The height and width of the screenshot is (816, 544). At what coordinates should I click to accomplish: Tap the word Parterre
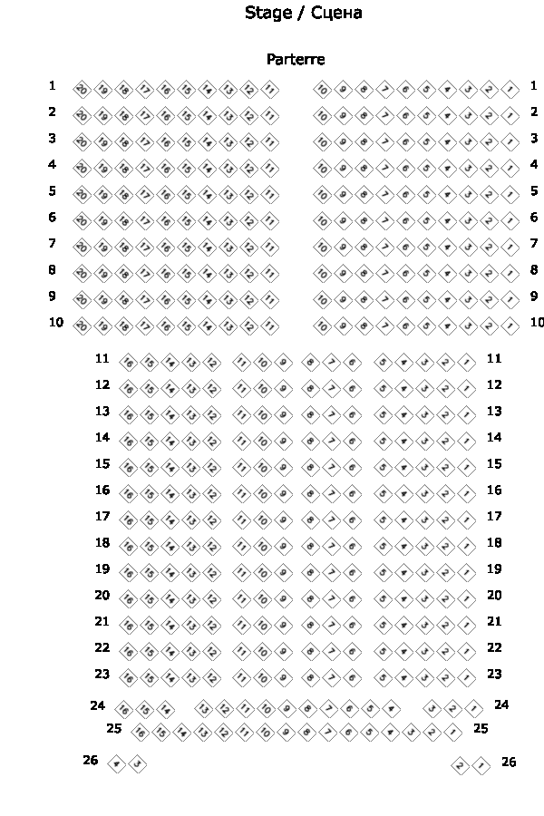(x=296, y=59)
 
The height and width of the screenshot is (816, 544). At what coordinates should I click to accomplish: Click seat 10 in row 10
(x=322, y=325)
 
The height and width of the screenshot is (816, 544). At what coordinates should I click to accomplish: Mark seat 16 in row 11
(x=128, y=362)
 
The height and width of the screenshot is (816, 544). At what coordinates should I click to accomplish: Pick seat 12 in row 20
(x=211, y=598)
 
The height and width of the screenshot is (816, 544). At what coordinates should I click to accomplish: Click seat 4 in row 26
(x=116, y=764)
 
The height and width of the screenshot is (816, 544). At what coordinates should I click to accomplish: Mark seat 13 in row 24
(x=204, y=709)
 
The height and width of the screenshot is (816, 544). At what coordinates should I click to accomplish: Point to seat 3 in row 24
(x=433, y=709)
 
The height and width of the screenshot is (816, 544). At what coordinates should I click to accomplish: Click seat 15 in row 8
(x=186, y=273)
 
